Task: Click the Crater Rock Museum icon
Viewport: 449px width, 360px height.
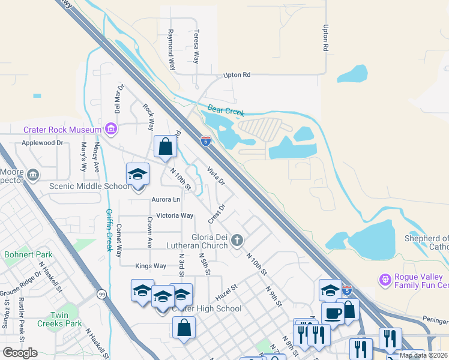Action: click(110, 129)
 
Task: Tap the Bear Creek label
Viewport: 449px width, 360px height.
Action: click(227, 110)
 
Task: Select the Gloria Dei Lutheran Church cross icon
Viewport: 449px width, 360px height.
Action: click(237, 241)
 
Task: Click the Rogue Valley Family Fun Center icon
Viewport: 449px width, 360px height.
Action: click(385, 280)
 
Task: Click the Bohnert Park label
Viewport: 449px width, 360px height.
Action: click(28, 254)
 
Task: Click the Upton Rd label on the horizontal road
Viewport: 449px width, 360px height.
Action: click(236, 75)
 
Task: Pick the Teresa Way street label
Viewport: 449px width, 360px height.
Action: click(196, 47)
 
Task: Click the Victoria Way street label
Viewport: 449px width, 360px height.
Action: click(175, 215)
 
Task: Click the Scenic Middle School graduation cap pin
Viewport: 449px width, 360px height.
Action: click(137, 175)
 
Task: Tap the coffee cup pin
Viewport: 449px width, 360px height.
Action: click(333, 313)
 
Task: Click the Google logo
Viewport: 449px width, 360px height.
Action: click(20, 353)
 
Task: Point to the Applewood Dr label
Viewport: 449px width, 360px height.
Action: click(42, 143)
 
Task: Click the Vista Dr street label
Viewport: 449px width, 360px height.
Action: click(215, 175)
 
